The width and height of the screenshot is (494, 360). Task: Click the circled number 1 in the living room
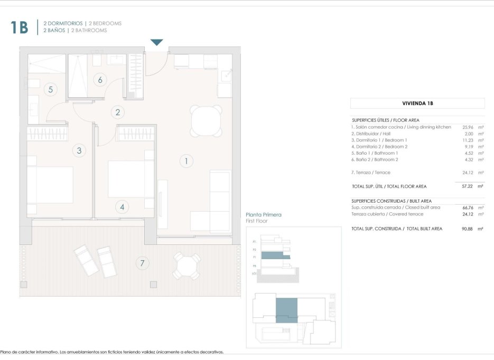click(x=186, y=161)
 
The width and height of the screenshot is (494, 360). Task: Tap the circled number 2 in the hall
click(x=117, y=112)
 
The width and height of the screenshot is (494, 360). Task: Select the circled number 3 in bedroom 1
click(x=79, y=150)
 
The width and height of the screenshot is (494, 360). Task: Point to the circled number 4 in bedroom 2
click(x=122, y=207)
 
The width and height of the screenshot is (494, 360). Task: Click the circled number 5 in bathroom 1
click(x=50, y=89)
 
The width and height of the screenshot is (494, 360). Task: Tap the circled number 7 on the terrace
click(x=141, y=262)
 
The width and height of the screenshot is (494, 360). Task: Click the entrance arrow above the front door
click(x=157, y=42)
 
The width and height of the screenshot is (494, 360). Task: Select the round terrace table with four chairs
click(x=187, y=266)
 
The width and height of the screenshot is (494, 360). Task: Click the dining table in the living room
click(x=206, y=121)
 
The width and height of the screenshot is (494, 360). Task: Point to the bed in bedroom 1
click(x=50, y=184)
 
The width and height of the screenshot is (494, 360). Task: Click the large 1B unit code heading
click(x=19, y=27)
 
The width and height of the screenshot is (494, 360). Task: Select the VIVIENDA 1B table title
click(x=417, y=103)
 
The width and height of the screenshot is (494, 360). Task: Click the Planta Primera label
click(x=264, y=215)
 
